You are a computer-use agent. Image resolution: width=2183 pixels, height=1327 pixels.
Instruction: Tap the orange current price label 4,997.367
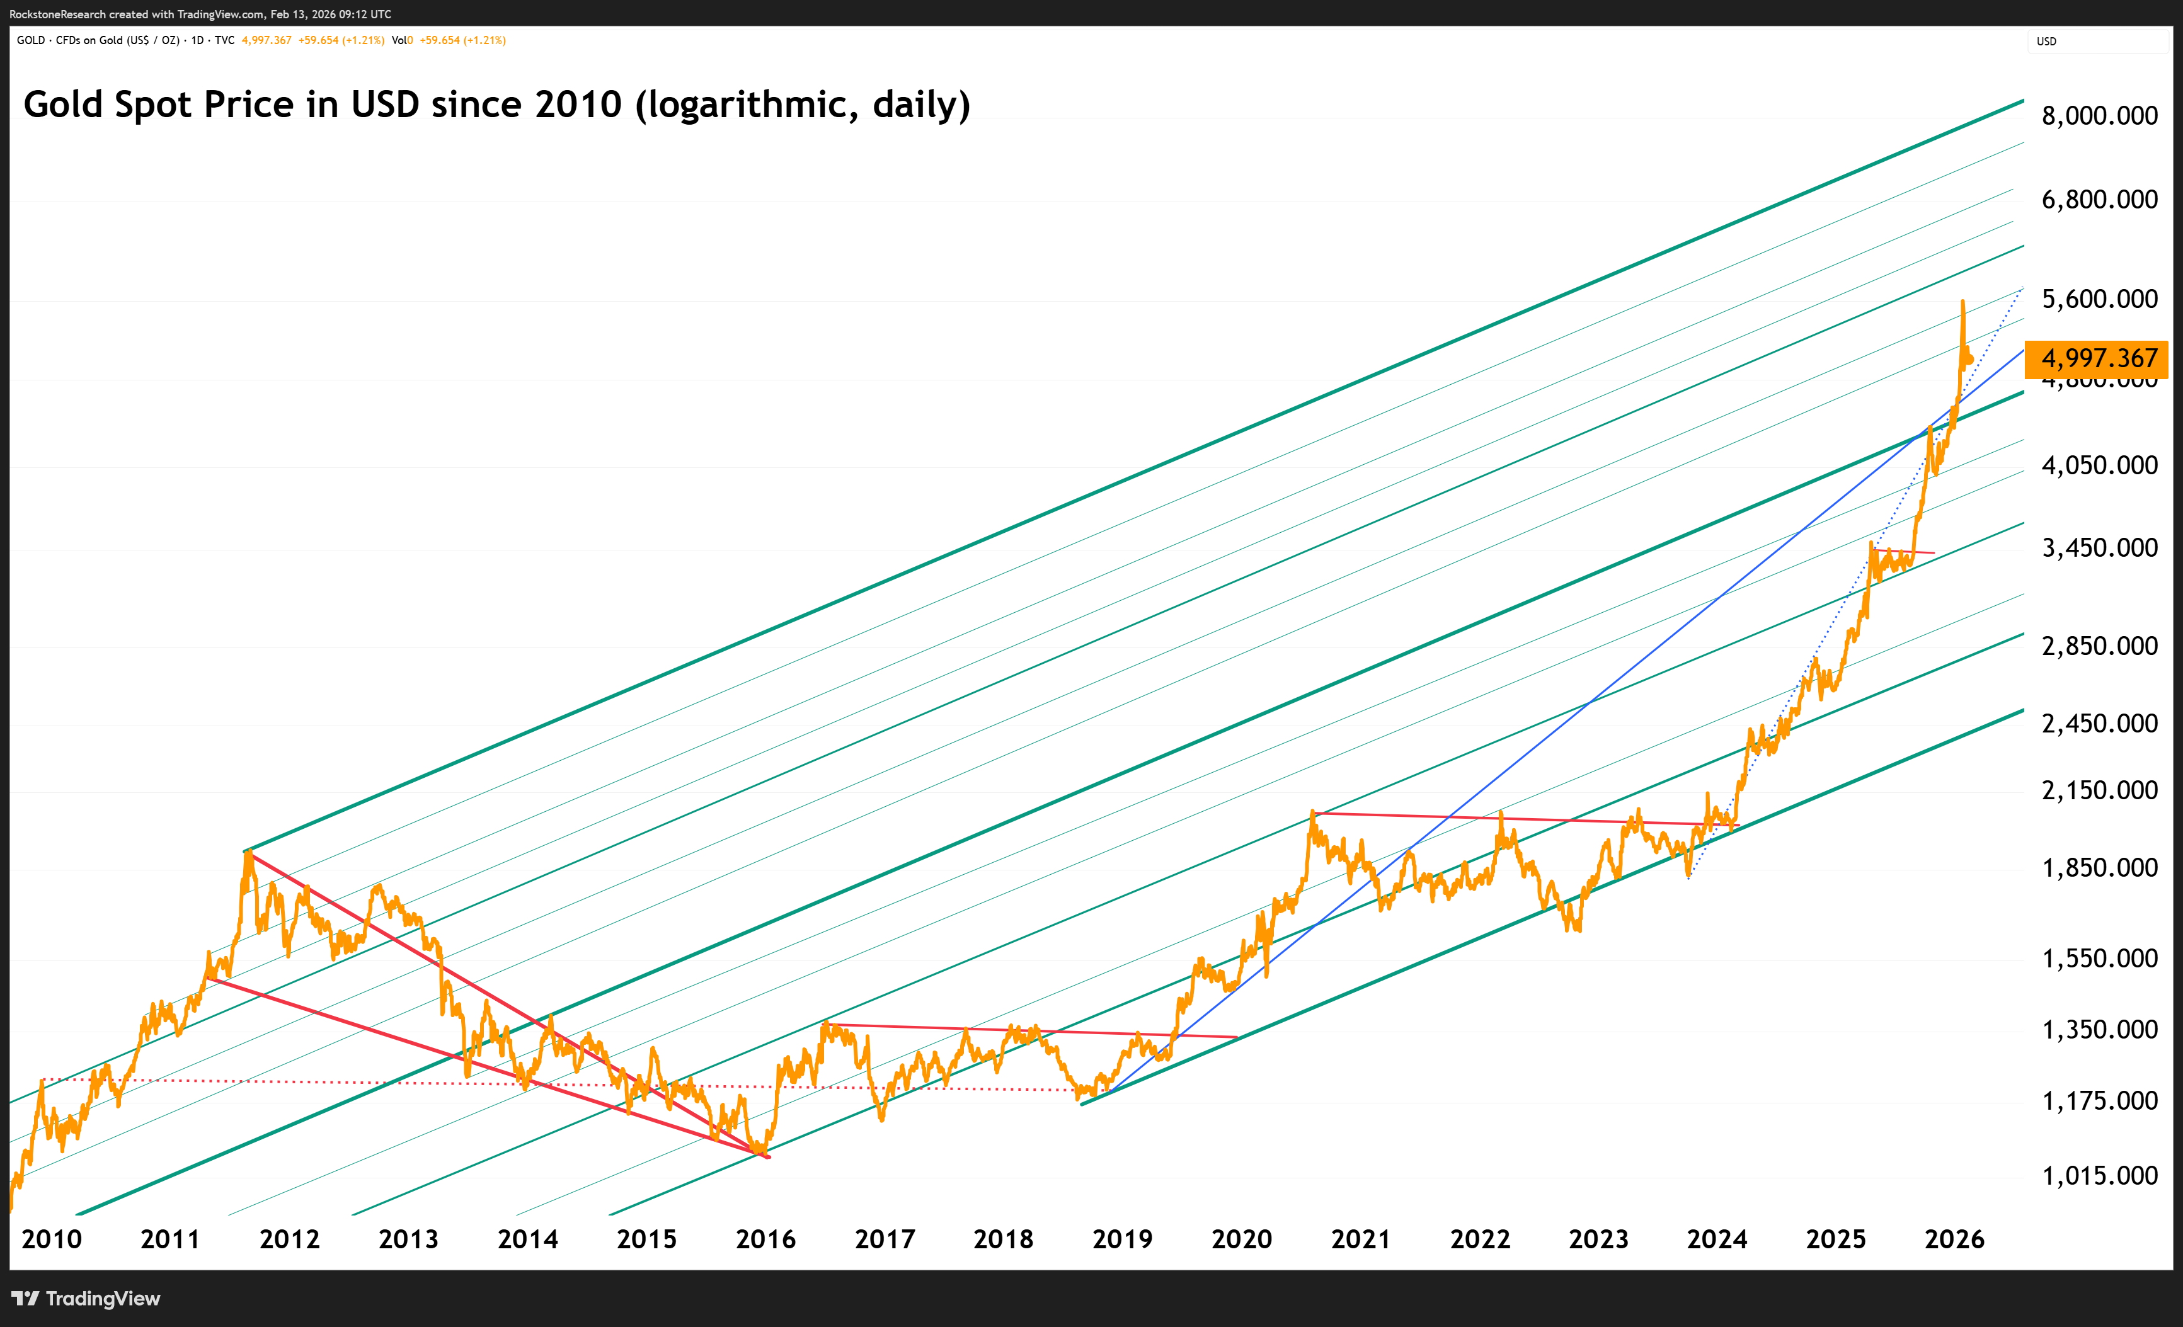point(2097,358)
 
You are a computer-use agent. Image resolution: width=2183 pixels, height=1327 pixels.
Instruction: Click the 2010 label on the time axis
point(52,1239)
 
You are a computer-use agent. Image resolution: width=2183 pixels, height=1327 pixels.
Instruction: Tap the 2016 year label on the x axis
point(765,1239)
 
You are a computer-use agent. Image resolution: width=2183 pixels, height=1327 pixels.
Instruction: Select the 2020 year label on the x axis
point(1241,1239)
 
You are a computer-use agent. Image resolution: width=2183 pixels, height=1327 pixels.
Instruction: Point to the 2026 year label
point(1954,1239)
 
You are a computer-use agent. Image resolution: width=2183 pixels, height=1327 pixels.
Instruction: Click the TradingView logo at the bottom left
point(86,1299)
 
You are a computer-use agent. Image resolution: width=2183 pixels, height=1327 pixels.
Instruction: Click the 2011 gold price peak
point(249,852)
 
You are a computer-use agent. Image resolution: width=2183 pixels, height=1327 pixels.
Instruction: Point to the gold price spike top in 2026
point(1963,302)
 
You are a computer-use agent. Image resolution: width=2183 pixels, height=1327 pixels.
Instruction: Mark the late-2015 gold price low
point(760,1152)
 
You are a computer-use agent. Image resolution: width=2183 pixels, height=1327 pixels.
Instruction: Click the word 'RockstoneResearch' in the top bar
point(57,14)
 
